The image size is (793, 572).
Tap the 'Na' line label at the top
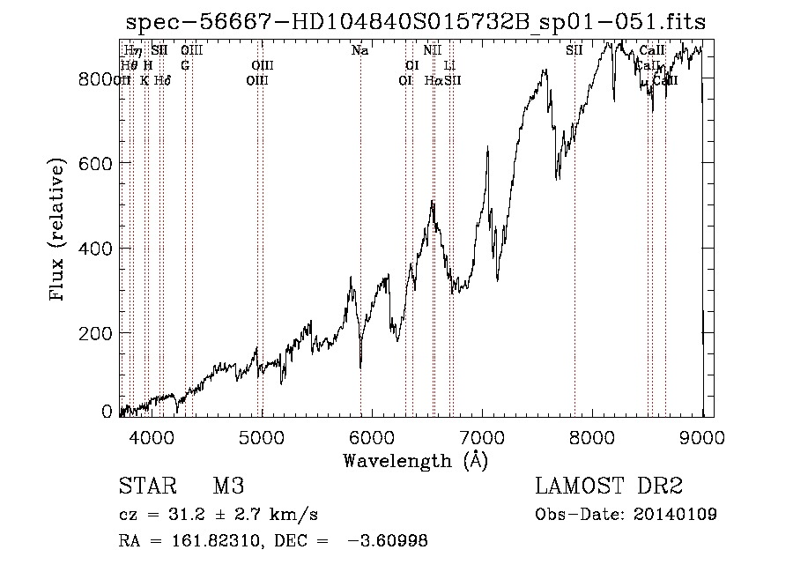coord(359,51)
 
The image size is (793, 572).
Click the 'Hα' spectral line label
coord(434,80)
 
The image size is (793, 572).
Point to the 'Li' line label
coord(449,65)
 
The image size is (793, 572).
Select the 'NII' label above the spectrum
coord(432,51)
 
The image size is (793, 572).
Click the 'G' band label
coord(185,65)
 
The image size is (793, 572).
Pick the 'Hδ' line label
coord(162,80)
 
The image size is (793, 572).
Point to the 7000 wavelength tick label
coord(482,435)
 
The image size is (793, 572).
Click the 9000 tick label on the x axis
coord(702,435)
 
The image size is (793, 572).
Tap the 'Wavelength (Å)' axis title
coord(415,460)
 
